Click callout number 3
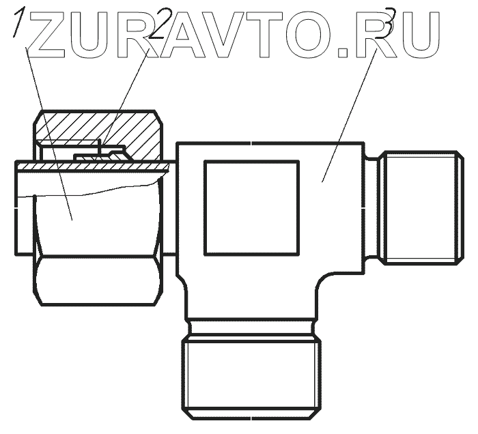tap(389, 20)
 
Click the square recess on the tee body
tap(251, 207)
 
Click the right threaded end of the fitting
tap(420, 207)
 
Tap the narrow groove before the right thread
tap(373, 207)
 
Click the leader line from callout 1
tap(48, 123)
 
